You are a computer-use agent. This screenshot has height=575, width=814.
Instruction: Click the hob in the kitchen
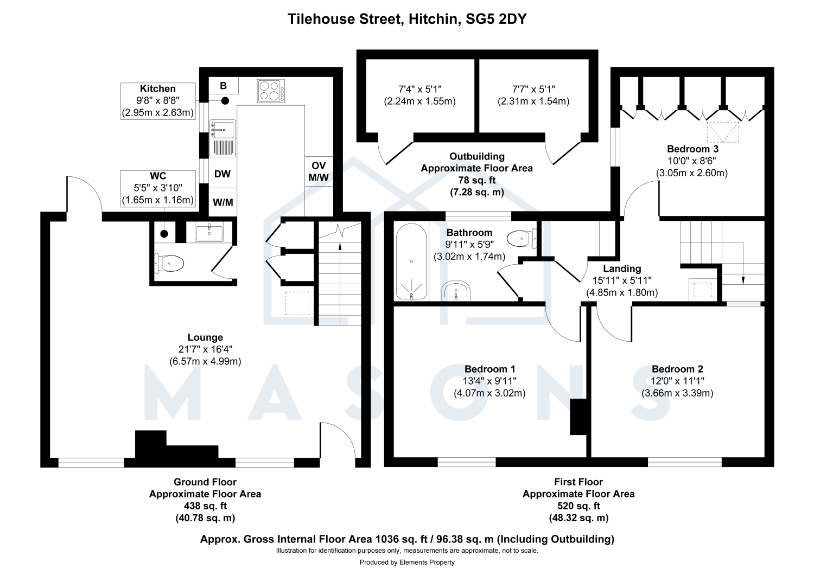(271, 91)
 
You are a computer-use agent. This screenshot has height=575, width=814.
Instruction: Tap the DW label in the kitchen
(222, 174)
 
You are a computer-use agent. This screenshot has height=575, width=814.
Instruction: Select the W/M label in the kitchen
(223, 202)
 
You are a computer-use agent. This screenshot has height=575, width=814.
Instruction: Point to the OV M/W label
(319, 171)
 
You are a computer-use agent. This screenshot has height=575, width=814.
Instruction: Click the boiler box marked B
(224, 86)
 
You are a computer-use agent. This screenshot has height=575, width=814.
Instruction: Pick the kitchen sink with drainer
(222, 138)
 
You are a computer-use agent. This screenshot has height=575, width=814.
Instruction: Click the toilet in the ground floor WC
(169, 263)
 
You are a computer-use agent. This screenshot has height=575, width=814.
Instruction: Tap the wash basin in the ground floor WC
(209, 232)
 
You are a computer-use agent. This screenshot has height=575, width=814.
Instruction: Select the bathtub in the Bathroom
(411, 261)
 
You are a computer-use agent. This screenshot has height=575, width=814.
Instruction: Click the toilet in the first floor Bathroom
(522, 239)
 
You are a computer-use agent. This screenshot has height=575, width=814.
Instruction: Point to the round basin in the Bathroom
(456, 290)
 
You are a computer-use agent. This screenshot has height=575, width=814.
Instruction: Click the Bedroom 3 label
(692, 149)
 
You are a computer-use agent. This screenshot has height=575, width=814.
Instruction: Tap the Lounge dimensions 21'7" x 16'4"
(205, 349)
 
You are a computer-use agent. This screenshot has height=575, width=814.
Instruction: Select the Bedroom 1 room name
(490, 369)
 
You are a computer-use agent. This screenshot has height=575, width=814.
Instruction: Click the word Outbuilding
(477, 157)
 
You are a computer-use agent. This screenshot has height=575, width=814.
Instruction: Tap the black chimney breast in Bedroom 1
(578, 417)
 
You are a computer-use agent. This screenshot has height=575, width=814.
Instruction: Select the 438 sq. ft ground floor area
(205, 506)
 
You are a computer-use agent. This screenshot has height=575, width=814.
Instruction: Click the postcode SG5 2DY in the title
(496, 19)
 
